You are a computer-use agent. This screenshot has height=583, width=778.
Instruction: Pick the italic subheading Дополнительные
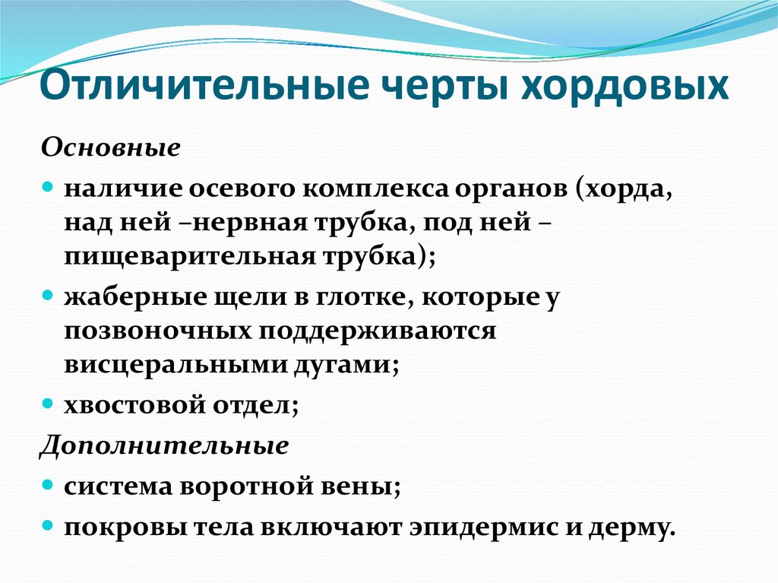point(163,445)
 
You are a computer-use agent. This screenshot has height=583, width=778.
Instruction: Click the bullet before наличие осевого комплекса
point(47,185)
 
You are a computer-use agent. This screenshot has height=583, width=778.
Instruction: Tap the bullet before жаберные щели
point(47,294)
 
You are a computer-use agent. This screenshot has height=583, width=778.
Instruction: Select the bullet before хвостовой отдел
point(47,403)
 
